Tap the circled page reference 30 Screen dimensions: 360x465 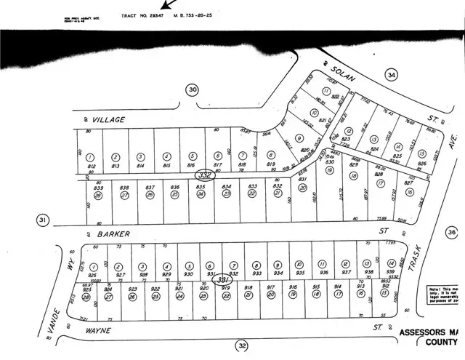pos(192,90)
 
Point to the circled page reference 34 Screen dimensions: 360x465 pos(392,74)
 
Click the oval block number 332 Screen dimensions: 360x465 pos(205,175)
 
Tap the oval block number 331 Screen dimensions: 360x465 pos(224,281)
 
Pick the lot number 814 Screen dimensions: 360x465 pos(140,166)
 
